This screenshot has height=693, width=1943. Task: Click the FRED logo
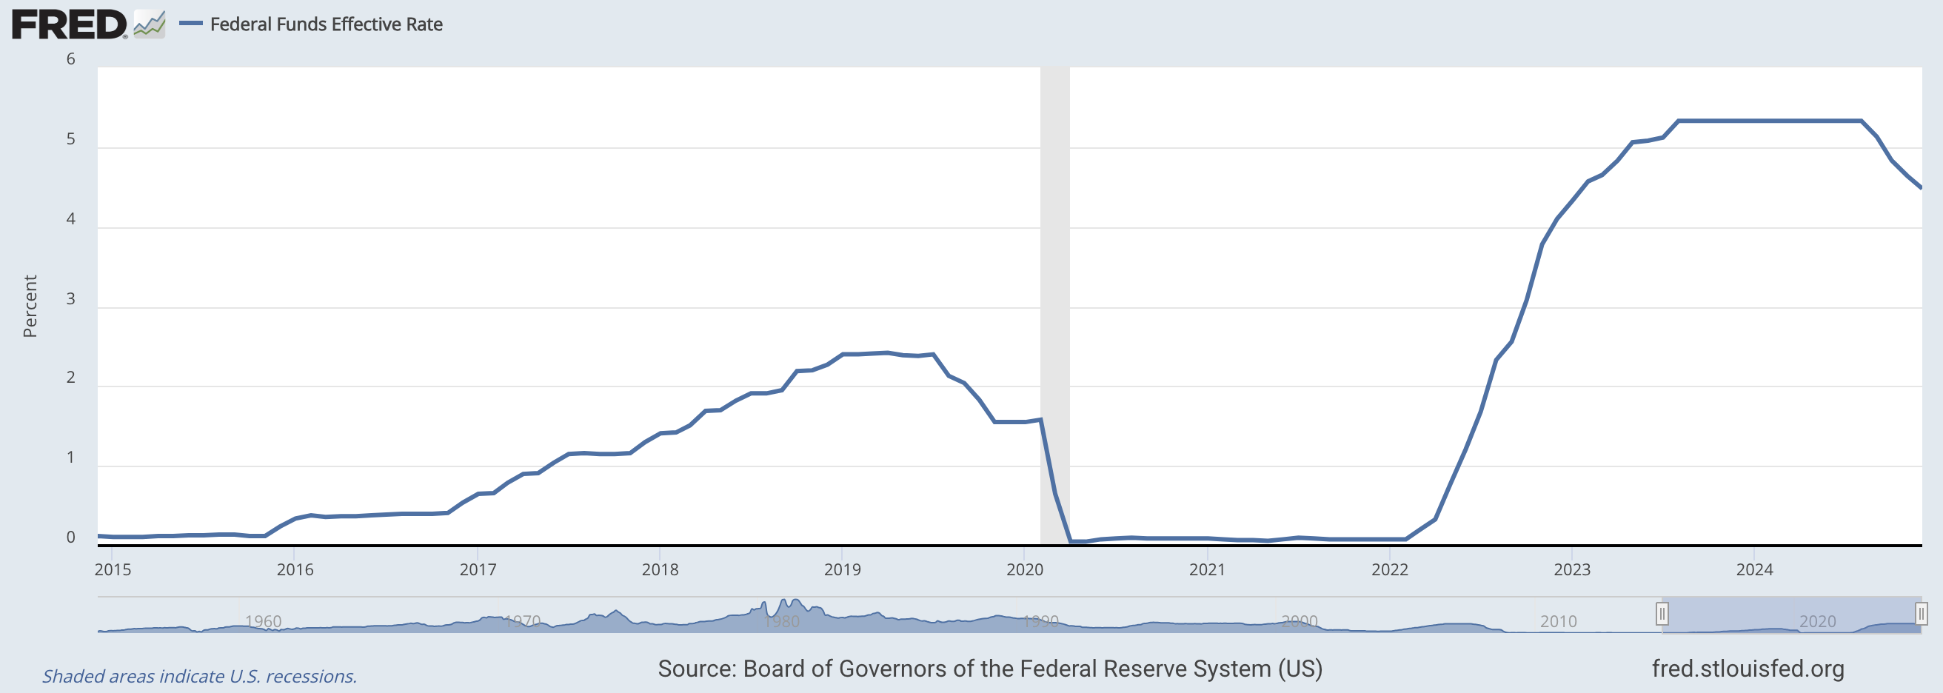(69, 24)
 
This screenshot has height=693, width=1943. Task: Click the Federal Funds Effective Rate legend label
(326, 24)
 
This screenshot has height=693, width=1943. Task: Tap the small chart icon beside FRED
(150, 24)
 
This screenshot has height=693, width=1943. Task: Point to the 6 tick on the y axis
(71, 58)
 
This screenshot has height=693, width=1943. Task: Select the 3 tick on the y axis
(71, 298)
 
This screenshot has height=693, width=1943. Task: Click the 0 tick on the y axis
(71, 537)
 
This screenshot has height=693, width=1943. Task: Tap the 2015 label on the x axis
(113, 570)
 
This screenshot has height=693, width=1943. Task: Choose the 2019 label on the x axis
(843, 570)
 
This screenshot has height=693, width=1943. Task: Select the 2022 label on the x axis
(1389, 570)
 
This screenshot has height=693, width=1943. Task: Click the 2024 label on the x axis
(1754, 570)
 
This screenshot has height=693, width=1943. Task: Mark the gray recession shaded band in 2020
(1054, 301)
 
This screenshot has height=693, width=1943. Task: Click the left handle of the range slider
(1662, 614)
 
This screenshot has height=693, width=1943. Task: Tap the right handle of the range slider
(1921, 614)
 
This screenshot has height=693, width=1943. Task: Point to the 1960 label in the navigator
(264, 621)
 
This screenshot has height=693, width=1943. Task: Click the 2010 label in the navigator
(1558, 621)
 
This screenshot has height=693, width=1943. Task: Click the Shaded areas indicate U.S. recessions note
(199, 677)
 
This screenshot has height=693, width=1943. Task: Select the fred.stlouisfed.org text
(1748, 669)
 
